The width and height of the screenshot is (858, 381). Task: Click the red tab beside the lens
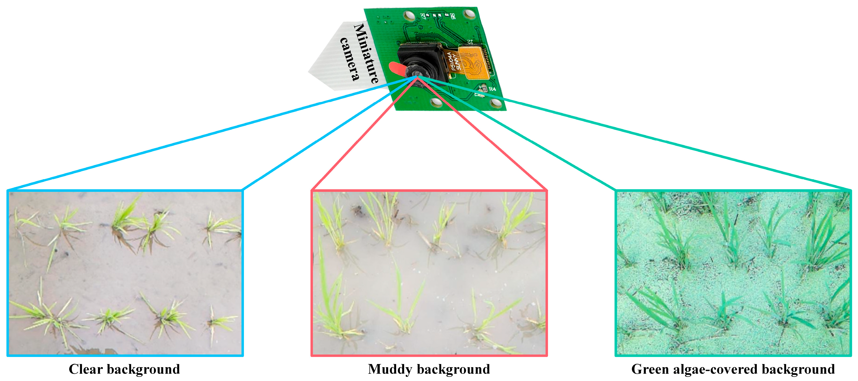[x=397, y=69]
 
